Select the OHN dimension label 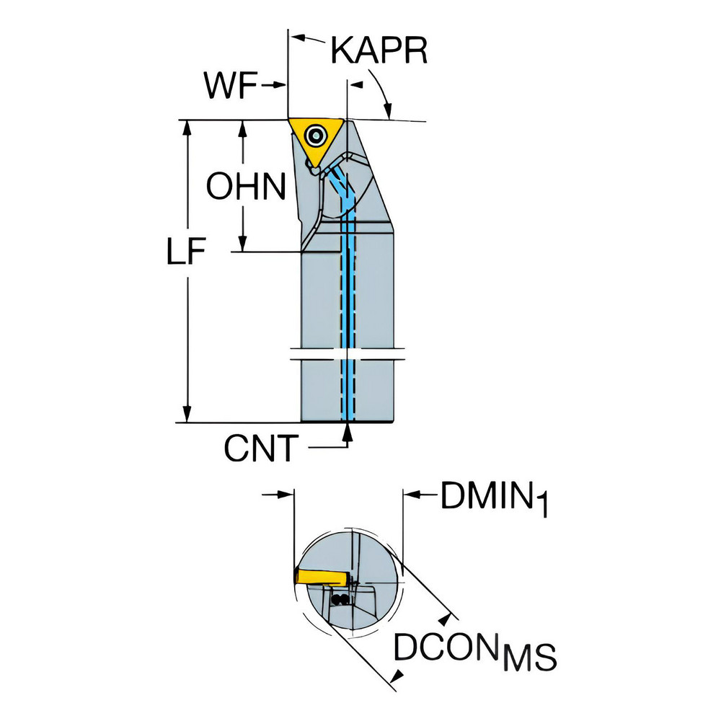[246, 186]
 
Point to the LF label [185, 252]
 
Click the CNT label [261, 448]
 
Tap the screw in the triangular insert [316, 135]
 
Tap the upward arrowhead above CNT [348, 431]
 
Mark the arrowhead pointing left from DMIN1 [411, 495]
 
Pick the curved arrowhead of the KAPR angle [388, 110]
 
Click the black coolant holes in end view [340, 599]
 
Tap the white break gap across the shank [348, 355]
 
